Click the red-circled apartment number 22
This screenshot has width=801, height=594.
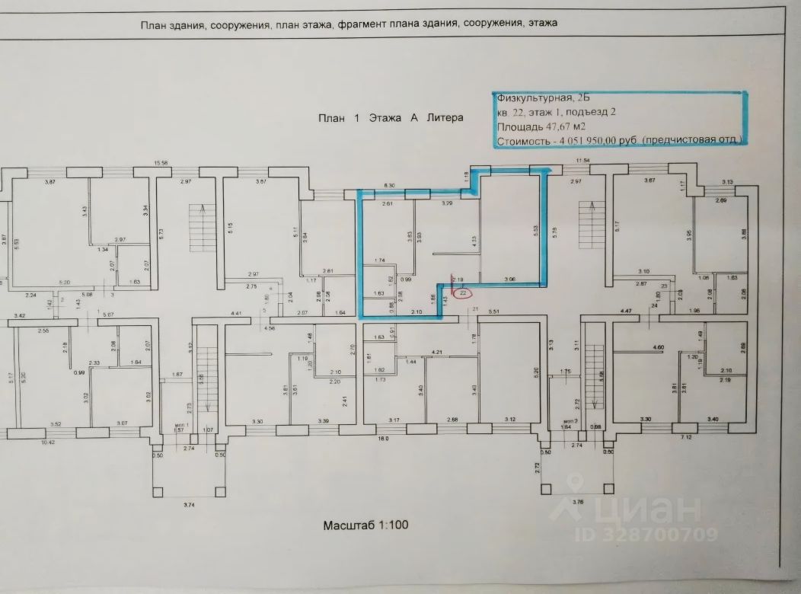463,292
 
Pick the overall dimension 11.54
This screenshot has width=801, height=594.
583,161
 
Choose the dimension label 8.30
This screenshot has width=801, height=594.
391,186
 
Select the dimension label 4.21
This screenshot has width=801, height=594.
436,353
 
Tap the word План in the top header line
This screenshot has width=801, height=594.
154,23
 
